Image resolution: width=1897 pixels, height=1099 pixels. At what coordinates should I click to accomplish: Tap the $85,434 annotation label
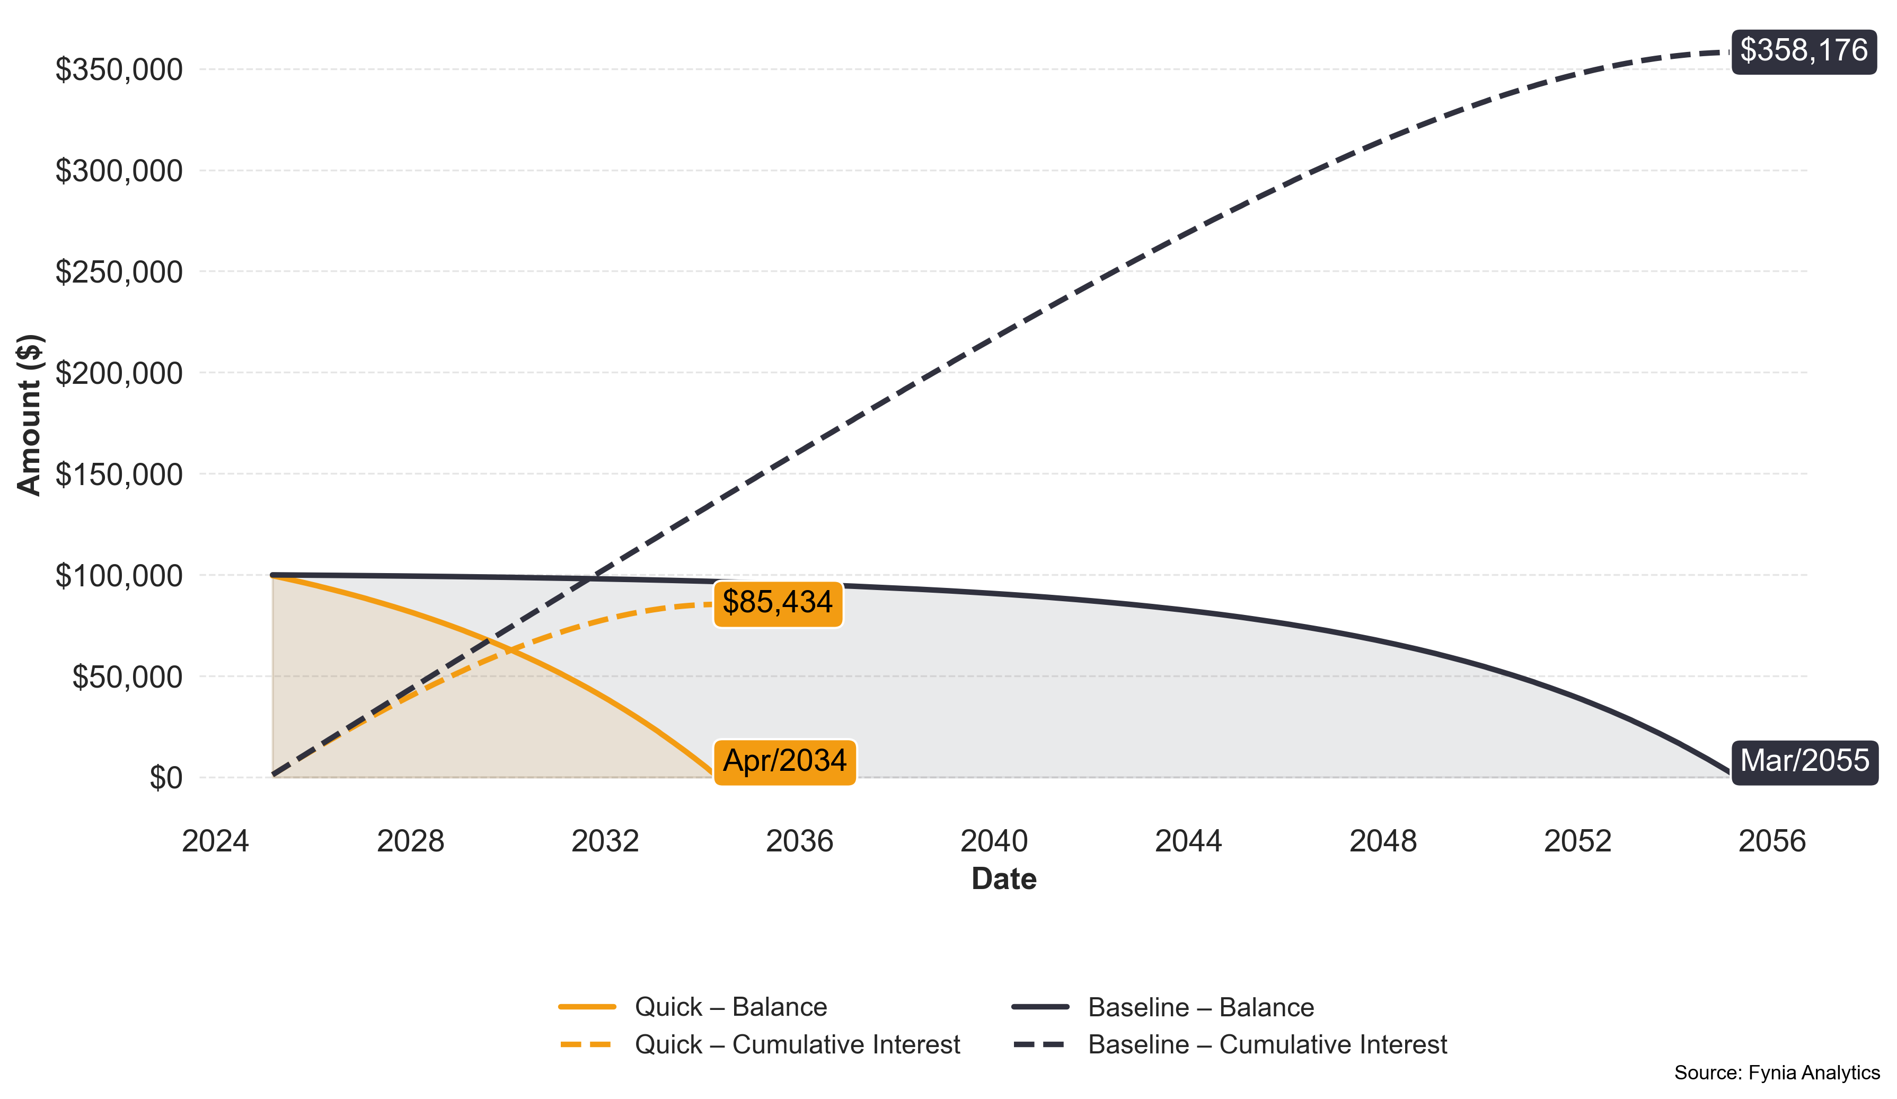(x=778, y=602)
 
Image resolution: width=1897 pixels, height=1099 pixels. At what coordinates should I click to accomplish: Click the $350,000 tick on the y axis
(x=119, y=70)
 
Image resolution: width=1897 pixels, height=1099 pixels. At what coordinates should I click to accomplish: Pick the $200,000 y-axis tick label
(x=119, y=373)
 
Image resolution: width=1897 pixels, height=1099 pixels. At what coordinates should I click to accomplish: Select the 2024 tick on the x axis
(x=215, y=841)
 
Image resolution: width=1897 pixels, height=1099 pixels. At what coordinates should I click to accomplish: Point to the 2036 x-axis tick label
(x=799, y=841)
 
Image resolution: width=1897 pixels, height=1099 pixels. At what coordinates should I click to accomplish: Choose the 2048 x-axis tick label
(x=1383, y=841)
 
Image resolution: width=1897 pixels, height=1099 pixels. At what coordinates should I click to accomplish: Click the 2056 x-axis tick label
(x=1772, y=841)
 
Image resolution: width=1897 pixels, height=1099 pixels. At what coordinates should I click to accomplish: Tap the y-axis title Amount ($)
(x=29, y=415)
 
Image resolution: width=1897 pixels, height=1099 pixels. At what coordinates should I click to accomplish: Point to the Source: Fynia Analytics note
(x=1777, y=1072)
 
